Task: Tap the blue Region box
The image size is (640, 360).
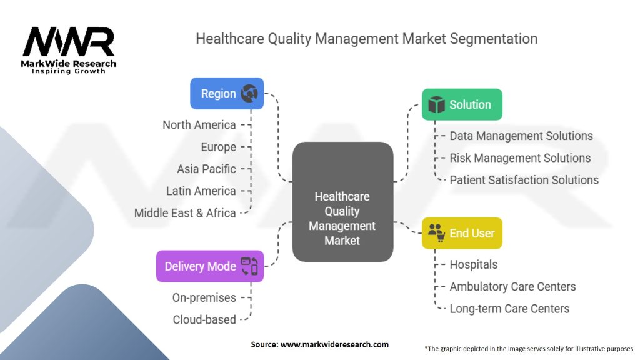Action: point(227,94)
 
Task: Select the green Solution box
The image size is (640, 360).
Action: point(461,104)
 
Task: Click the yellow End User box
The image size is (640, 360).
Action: point(461,233)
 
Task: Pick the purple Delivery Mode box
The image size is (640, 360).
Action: point(210,266)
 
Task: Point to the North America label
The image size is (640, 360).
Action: point(199,125)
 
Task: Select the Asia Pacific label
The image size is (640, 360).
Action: point(206,169)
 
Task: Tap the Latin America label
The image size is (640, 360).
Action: point(201,191)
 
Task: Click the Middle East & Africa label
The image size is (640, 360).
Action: point(185,212)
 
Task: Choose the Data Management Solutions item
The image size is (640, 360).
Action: point(521,136)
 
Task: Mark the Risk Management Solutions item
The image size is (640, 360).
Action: point(520,157)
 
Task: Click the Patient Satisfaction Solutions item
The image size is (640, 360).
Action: point(524,180)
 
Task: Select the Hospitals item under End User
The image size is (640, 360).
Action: point(474,264)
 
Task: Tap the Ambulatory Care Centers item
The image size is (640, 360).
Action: point(512,286)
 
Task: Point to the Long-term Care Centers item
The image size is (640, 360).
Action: point(509,308)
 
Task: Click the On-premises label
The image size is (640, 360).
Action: point(204,297)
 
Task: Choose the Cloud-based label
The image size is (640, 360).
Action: point(204,319)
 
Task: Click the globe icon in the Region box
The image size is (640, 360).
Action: point(249,94)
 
